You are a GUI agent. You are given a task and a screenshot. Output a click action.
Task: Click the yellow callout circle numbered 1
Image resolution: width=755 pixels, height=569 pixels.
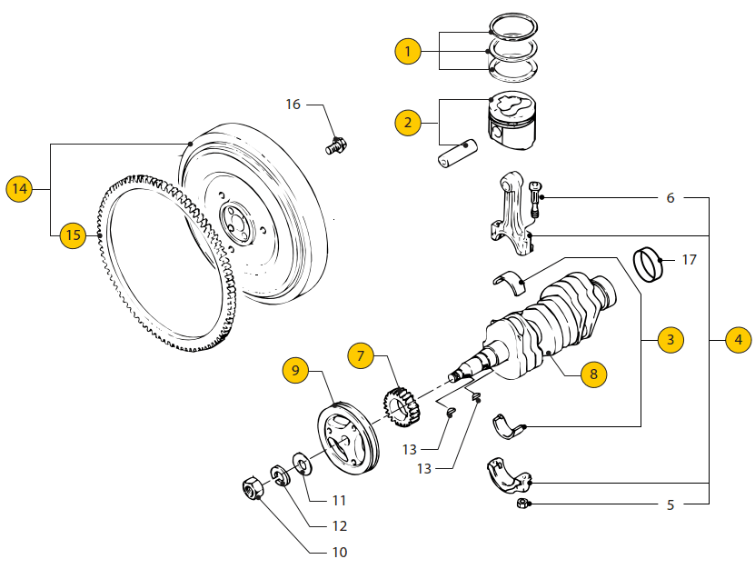[408, 51]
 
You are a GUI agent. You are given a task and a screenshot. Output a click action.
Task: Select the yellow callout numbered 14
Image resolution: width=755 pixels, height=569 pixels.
[19, 188]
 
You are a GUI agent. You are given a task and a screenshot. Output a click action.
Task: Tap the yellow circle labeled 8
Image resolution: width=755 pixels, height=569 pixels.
[593, 374]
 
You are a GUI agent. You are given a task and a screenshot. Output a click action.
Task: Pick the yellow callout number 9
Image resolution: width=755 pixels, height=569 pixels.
[295, 370]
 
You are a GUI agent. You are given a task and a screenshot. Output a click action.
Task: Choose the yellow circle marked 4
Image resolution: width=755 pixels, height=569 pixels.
[738, 340]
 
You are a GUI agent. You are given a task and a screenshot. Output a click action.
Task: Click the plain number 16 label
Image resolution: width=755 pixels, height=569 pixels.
[293, 104]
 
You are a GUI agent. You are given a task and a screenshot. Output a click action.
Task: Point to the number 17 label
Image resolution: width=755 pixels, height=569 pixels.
[689, 260]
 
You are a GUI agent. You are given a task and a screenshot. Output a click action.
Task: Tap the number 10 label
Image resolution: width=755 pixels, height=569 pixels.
[340, 552]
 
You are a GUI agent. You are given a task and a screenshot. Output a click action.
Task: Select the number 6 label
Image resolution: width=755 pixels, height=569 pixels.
[671, 197]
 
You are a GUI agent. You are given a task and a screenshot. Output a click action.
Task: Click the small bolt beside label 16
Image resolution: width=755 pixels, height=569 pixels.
[336, 145]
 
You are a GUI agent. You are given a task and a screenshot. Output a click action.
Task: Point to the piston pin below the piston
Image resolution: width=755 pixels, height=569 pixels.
[457, 154]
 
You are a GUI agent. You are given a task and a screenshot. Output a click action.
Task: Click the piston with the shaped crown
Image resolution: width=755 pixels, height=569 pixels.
[512, 121]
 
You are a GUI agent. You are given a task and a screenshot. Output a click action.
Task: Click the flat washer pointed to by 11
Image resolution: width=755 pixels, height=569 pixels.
[303, 464]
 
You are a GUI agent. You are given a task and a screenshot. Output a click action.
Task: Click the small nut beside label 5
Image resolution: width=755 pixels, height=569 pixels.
[522, 504]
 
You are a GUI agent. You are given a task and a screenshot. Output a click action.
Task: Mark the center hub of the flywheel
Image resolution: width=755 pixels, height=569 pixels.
[237, 225]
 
